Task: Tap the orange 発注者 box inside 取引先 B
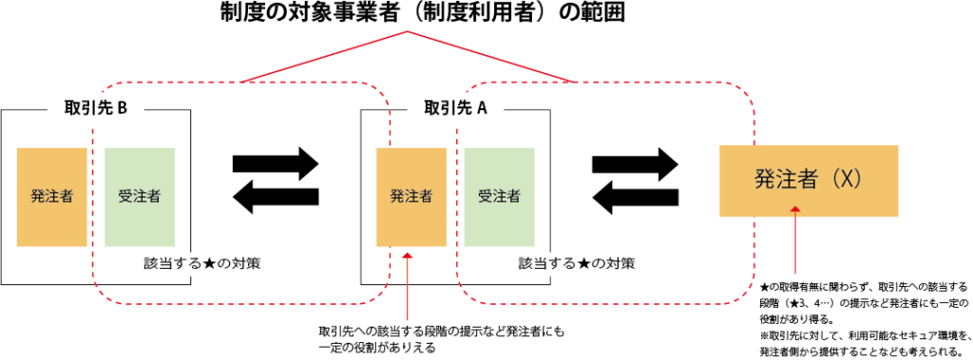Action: click(x=52, y=197)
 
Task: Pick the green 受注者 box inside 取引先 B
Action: click(x=140, y=197)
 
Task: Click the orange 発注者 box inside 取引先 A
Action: click(x=411, y=197)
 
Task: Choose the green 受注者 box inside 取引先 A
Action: click(x=499, y=197)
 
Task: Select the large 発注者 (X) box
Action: click(x=809, y=180)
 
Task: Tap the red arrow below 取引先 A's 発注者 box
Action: click(x=408, y=285)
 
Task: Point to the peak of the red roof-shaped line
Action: click(x=408, y=32)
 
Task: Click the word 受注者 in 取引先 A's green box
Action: click(x=499, y=197)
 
